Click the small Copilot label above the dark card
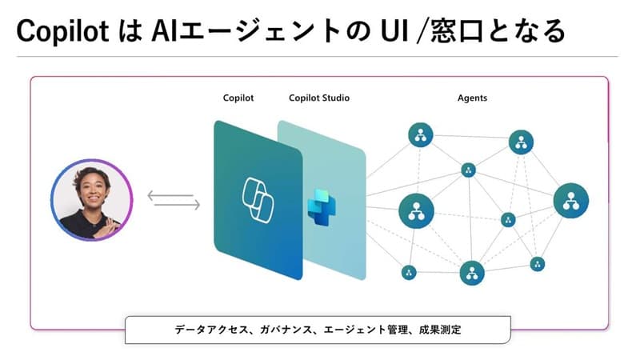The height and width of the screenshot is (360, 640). click(x=238, y=98)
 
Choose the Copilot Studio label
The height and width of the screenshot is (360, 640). click(x=318, y=98)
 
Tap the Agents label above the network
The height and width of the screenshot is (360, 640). click(x=472, y=98)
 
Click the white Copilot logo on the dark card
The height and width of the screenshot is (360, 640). click(x=258, y=200)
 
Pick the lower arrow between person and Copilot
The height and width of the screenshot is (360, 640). click(x=174, y=206)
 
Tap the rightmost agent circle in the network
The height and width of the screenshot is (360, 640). click(x=570, y=200)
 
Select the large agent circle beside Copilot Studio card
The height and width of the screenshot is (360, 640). click(x=416, y=210)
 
